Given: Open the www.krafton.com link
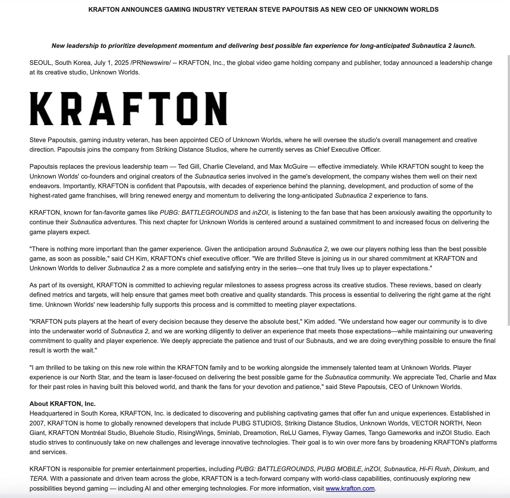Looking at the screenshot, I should tap(350, 488).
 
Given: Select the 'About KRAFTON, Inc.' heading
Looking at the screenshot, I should tap(63, 404).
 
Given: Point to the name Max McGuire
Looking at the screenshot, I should tap(289, 167).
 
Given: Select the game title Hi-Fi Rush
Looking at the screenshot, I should tap(434, 469).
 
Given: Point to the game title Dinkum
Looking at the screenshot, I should tap(464, 469).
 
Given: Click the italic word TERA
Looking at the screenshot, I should tap(38, 479).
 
